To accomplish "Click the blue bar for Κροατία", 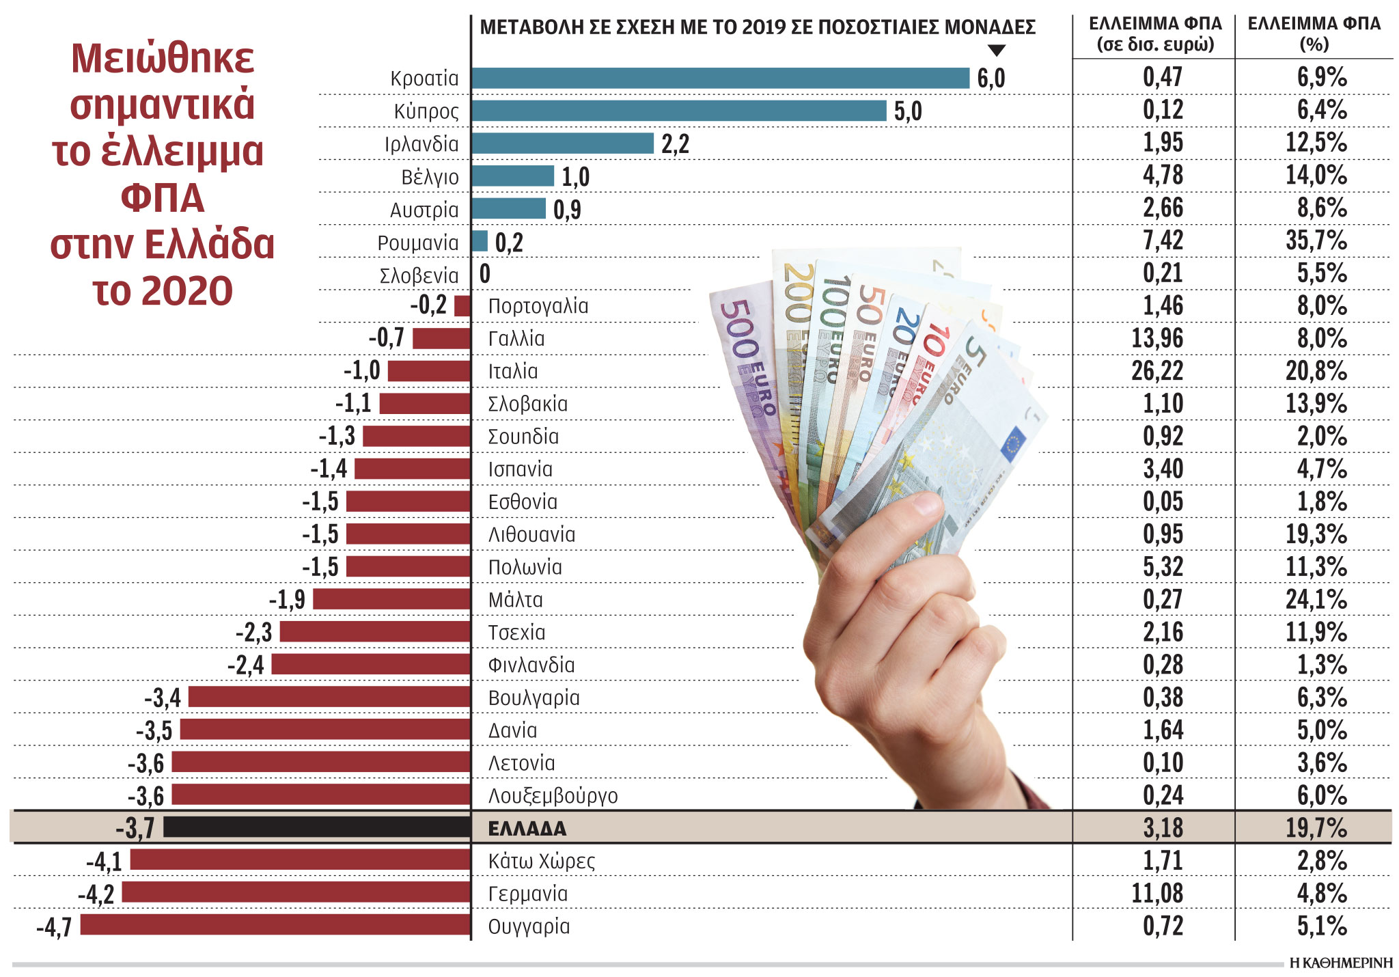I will point(720,78).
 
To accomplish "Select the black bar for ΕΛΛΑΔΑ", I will point(317,827).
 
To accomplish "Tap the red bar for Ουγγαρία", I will point(275,925).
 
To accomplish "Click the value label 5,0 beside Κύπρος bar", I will point(908,111).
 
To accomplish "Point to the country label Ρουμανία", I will point(418,243).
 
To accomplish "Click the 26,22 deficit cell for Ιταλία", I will point(1156,371).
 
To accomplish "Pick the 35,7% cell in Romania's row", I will point(1316,240).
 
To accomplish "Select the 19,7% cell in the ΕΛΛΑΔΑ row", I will point(1316,828).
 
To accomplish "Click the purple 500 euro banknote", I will point(745,369).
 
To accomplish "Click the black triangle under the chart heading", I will point(997,51).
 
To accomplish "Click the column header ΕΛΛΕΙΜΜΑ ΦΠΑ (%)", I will point(1314,33).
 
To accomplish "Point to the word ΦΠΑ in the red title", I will point(163,199).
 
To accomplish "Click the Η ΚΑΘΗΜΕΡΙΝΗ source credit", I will point(1340,963).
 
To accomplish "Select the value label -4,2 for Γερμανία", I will point(96,894).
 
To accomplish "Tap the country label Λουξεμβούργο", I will point(553,796).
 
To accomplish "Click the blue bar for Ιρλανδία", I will point(562,143).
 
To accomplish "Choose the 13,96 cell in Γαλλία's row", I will point(1156,338).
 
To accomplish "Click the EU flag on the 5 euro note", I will point(1014,443).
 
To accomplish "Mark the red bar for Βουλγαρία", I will point(329,697).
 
